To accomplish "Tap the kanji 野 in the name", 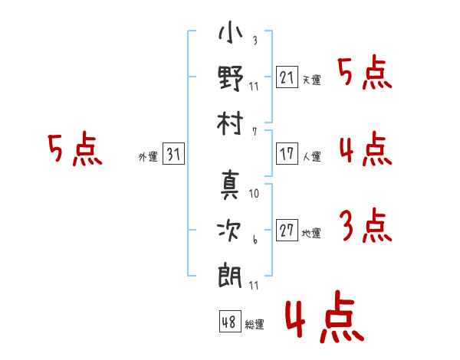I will [x=231, y=78].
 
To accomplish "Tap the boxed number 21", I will [x=287, y=78].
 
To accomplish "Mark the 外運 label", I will [x=148, y=157].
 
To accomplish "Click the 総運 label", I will [x=255, y=324].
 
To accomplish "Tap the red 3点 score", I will [x=365, y=226].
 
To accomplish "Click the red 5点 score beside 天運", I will [x=365, y=74].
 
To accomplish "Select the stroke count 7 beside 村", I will [x=254, y=131].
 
